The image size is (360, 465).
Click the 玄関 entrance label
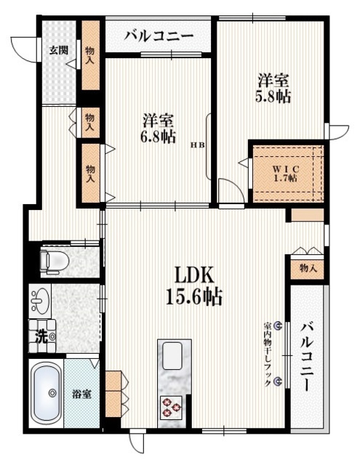[x=58, y=50]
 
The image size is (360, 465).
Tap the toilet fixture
[x=55, y=260]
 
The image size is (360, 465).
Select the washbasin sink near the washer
[x=40, y=300]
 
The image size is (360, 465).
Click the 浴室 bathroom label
[x=81, y=395]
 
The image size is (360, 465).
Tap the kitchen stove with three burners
[x=171, y=408]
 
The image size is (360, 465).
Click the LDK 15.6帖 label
[x=194, y=286]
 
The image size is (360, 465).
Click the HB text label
[x=198, y=145]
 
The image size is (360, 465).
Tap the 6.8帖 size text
[x=159, y=137]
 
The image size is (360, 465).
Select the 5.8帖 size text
[x=273, y=97]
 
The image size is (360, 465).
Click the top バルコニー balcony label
[x=159, y=36]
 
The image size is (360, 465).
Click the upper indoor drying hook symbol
[x=278, y=326]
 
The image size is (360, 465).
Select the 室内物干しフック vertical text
[x=268, y=354]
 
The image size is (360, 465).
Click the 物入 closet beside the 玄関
[x=90, y=55]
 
